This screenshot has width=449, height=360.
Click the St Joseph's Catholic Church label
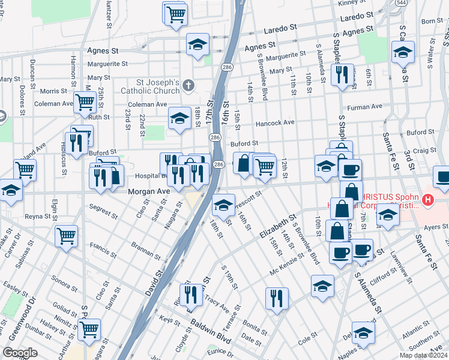[x=158, y=86]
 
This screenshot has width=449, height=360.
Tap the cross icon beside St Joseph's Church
[x=188, y=86]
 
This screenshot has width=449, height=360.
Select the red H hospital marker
[x=427, y=199]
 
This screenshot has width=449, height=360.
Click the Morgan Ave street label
[x=148, y=191]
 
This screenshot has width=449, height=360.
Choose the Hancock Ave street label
[x=275, y=122]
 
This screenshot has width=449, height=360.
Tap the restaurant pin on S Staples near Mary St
[x=342, y=74]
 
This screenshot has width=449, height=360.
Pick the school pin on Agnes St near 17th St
[x=197, y=44]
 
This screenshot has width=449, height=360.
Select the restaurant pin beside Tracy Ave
[x=191, y=293]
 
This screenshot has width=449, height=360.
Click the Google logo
[x=20, y=353]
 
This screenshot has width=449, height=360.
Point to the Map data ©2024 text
[x=424, y=355]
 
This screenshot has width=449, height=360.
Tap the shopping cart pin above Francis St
[x=66, y=235]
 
